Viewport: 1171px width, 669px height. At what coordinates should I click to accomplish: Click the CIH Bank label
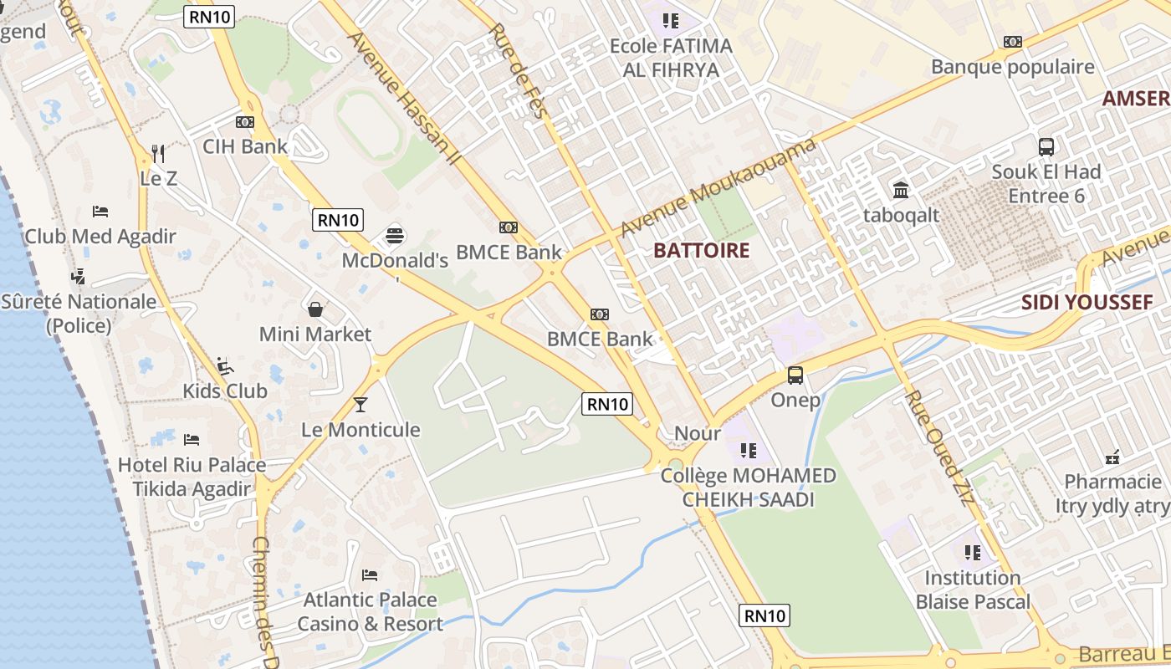point(245,146)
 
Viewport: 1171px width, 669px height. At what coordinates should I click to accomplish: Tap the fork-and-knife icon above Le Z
point(158,154)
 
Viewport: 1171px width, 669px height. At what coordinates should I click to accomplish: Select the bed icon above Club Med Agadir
point(100,212)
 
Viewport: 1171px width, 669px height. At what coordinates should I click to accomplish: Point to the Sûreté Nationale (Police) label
point(79,313)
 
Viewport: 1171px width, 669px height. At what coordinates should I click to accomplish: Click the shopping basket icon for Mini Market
point(315,310)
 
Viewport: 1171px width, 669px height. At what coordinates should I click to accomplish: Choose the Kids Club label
point(225,391)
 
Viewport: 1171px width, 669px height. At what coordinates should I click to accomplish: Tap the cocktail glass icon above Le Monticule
point(361,405)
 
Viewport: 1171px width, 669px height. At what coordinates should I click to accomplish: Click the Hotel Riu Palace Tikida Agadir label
point(192,477)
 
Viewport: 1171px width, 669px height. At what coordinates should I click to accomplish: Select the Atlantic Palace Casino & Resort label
point(370,611)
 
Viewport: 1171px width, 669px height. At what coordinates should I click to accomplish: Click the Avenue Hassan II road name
point(401,98)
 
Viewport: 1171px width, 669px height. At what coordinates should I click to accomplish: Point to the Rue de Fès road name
point(517,70)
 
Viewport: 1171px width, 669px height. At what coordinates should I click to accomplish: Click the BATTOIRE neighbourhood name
point(701,250)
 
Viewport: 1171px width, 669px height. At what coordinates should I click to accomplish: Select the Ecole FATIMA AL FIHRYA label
point(671,57)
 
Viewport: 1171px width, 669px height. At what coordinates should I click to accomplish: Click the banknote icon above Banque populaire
point(1013,42)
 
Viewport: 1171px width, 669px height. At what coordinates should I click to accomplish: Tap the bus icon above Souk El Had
point(1046,147)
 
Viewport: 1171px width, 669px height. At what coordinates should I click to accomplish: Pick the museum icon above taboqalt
point(901,191)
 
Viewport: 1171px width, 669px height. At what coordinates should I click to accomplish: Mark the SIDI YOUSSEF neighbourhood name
point(1087,302)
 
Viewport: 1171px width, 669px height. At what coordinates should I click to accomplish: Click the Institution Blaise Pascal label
point(973,589)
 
